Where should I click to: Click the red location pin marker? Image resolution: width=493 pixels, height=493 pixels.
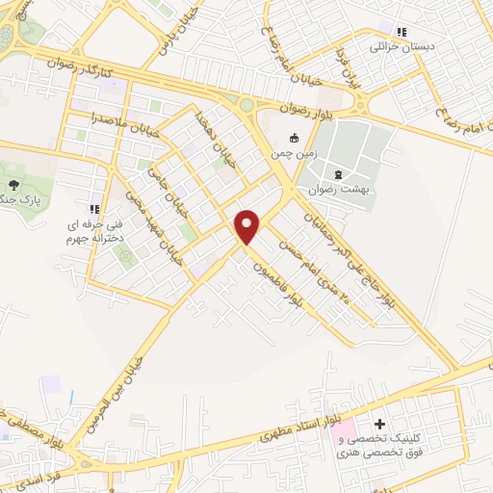[x=248, y=226]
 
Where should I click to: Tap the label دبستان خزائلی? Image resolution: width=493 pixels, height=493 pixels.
[x=398, y=45]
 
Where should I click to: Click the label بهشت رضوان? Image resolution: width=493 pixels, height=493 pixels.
[x=338, y=190]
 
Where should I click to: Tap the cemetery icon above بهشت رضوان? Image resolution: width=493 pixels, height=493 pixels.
[x=338, y=174]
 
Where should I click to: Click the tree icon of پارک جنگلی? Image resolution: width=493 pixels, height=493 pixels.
[x=13, y=184]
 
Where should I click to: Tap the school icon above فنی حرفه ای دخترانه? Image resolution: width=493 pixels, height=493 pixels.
[x=94, y=209]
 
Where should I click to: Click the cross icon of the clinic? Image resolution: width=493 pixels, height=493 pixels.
[x=380, y=424]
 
